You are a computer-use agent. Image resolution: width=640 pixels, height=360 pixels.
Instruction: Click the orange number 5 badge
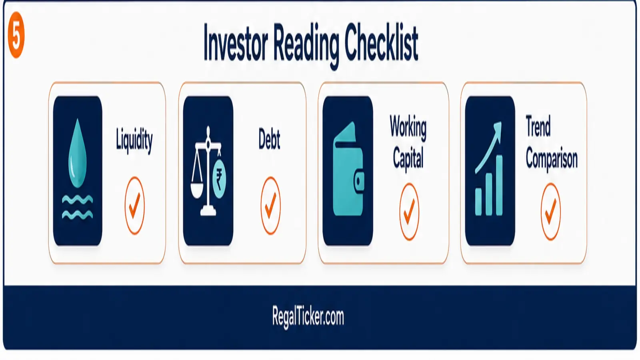(16, 35)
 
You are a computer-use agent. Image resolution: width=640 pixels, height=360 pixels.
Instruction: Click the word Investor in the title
(236, 43)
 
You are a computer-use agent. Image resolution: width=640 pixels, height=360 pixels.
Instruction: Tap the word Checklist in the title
(382, 42)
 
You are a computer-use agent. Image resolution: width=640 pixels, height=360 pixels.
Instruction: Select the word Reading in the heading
(306, 46)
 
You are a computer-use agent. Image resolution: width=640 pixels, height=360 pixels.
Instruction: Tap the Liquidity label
(134, 140)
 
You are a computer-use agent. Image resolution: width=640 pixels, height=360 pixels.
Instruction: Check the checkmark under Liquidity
(134, 206)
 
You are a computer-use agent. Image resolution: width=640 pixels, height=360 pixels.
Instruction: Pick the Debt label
(269, 139)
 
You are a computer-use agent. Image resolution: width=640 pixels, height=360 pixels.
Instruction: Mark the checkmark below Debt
(270, 206)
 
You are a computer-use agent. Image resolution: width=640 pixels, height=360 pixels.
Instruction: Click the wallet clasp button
(359, 181)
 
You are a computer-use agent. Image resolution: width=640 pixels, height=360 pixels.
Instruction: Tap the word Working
(408, 128)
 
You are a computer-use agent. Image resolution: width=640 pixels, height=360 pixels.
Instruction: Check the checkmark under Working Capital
(410, 212)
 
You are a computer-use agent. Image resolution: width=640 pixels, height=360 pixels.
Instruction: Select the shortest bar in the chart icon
(478, 201)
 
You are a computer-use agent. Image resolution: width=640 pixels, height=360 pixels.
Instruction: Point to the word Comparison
(552, 160)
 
